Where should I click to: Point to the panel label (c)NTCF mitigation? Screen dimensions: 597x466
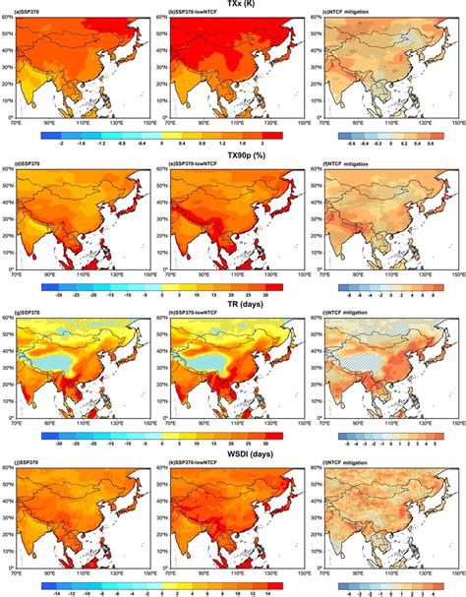tap(358, 17)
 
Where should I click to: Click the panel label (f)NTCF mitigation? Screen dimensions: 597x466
tap(358, 167)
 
